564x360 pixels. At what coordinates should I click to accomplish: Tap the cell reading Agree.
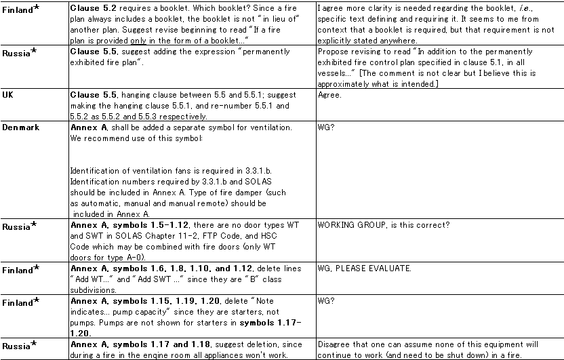(x=329, y=96)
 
